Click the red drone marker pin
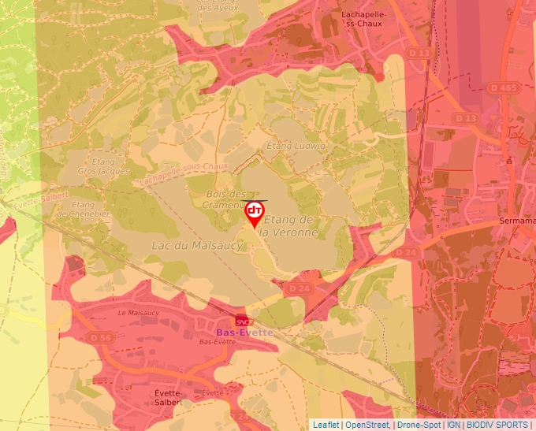point(255,213)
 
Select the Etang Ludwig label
point(296,147)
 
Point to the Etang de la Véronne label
point(289,225)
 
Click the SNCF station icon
point(242,321)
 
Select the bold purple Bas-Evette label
point(244,333)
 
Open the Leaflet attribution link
point(326,425)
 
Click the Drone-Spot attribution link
point(418,425)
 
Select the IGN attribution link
point(453,425)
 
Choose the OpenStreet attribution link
point(368,425)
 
